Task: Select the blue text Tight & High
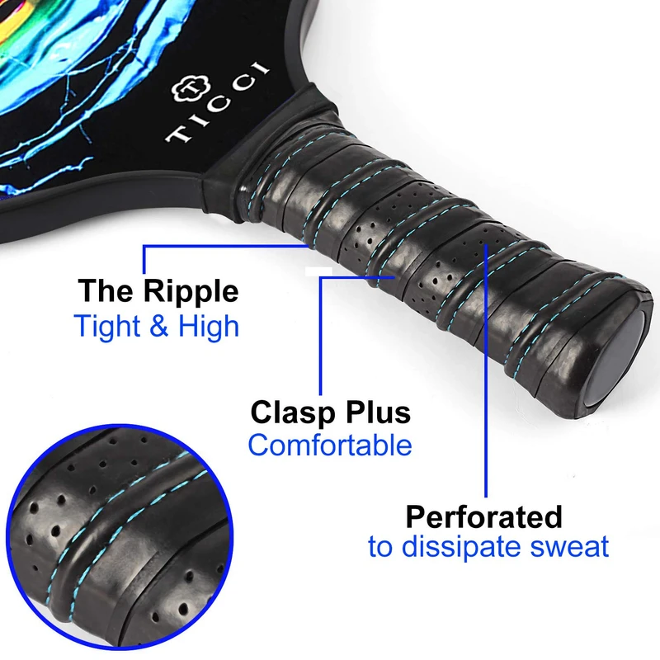157,326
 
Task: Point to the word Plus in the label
377,412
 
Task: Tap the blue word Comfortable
330,445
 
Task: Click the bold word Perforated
483,517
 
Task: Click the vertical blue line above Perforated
486,371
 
